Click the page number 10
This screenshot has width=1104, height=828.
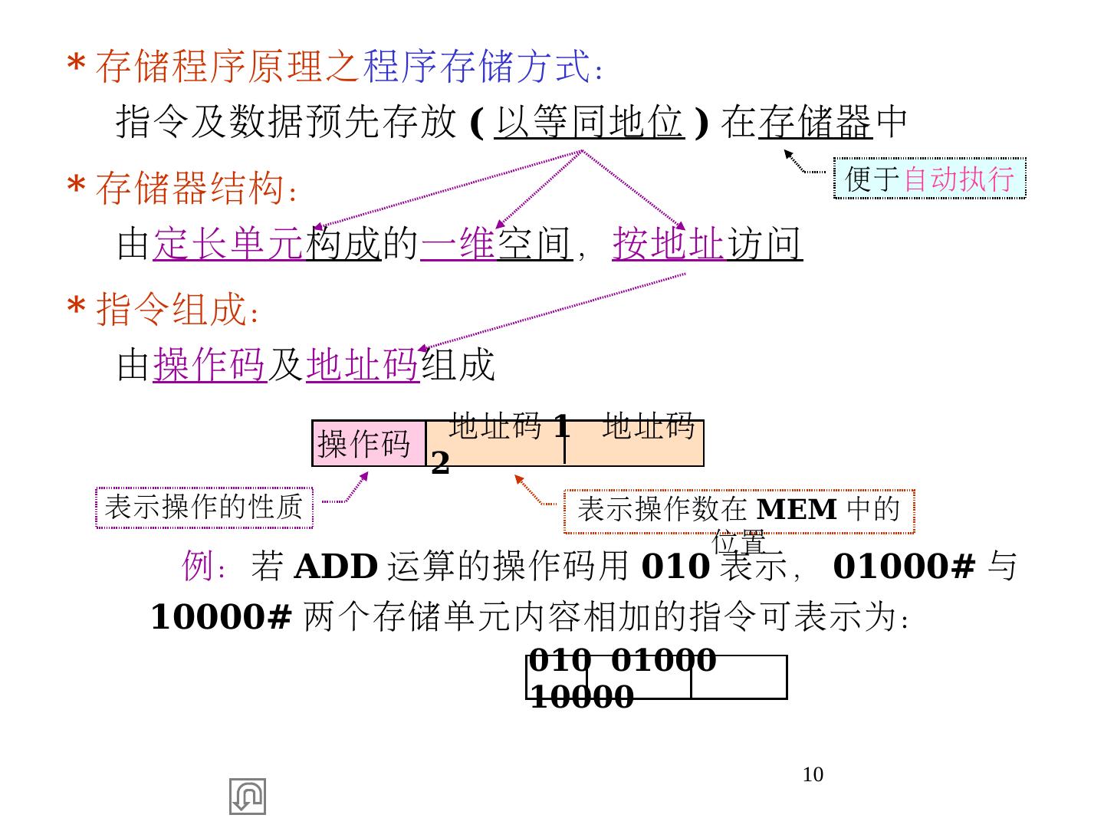click(x=813, y=774)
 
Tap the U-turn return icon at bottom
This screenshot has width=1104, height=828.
click(x=248, y=797)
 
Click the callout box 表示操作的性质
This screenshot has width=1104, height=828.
click(x=204, y=508)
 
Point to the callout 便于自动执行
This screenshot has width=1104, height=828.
click(x=929, y=179)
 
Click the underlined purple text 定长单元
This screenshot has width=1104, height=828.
click(x=228, y=244)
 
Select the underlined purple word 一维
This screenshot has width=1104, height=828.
click(x=458, y=244)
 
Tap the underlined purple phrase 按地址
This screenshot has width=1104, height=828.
click(x=668, y=244)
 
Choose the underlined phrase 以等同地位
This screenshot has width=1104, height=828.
click(x=589, y=122)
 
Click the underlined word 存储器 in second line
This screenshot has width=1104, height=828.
click(x=815, y=122)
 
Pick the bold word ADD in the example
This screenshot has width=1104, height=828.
click(x=336, y=567)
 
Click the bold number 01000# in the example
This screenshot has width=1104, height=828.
click(x=904, y=567)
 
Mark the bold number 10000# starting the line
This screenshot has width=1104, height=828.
click(x=221, y=616)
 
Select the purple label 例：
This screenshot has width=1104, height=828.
click(x=205, y=567)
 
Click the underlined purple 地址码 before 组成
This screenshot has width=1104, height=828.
click(x=362, y=364)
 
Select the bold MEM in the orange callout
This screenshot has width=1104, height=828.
click(x=797, y=509)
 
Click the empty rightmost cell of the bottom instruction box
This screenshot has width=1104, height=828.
click(x=738, y=678)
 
